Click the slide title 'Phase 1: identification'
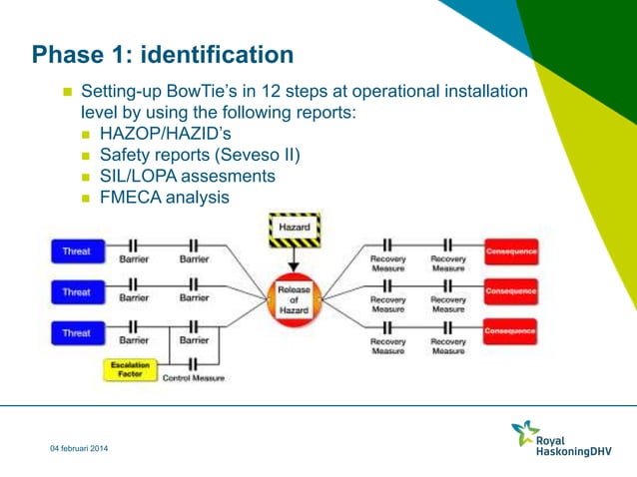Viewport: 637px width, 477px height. tap(163, 54)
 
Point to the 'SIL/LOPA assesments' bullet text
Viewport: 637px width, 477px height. tap(188, 176)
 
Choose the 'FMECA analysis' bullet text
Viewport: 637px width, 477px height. tap(164, 198)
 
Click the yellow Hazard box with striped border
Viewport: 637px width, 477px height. tap(294, 230)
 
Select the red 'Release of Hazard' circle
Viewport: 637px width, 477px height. tap(294, 298)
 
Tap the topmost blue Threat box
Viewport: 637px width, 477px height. tap(77, 252)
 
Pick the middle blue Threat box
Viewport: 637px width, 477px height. tap(77, 292)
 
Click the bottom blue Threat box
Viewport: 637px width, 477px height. tap(77, 333)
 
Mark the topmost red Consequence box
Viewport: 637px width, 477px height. tap(510, 251)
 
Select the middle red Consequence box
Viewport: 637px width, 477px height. tap(510, 291)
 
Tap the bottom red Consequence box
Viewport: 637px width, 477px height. tap(510, 330)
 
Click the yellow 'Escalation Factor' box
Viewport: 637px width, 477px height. tap(130, 370)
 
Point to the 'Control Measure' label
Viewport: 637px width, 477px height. tap(194, 379)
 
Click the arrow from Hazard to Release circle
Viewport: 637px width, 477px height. tap(294, 260)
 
